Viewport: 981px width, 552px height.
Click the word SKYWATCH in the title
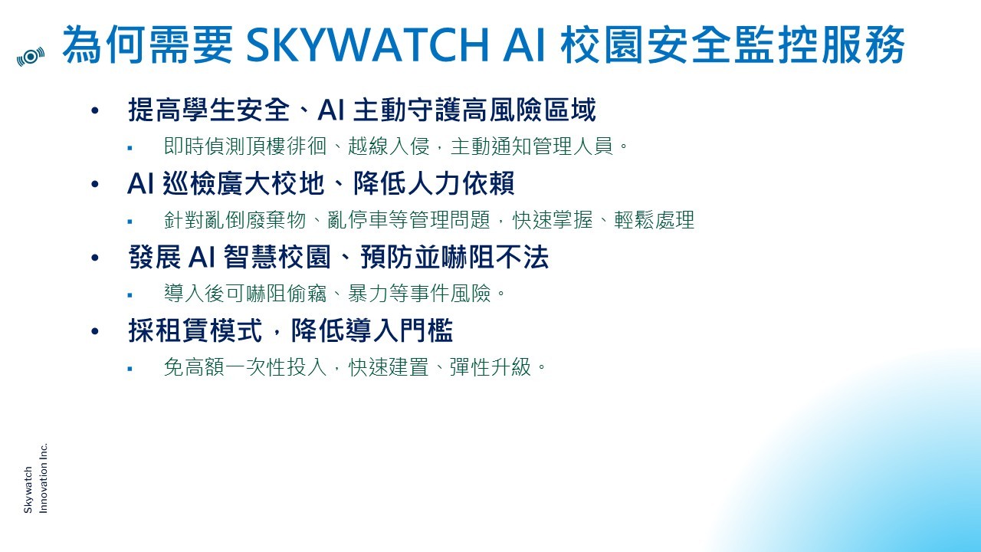click(x=367, y=45)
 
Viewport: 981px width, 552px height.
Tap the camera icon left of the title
click(x=31, y=57)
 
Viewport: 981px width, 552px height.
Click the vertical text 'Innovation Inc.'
click(x=43, y=478)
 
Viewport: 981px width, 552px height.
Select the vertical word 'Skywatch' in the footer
click(x=28, y=490)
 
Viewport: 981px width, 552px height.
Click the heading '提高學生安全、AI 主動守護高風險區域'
click(x=362, y=110)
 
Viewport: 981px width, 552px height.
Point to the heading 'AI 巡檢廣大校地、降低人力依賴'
click(x=321, y=183)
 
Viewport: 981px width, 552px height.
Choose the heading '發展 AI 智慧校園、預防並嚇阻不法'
click(x=338, y=257)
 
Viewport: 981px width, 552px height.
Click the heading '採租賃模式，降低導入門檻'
click(x=290, y=330)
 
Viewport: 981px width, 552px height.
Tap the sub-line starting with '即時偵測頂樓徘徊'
click(x=396, y=146)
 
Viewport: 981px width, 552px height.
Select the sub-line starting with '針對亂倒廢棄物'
click(x=429, y=219)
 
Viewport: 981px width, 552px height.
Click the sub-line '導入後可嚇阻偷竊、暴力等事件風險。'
click(x=335, y=293)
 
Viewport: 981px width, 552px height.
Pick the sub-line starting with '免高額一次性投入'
click(x=355, y=366)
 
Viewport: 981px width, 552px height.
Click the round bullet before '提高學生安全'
click(x=95, y=110)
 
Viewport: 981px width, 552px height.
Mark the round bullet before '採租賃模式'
click(x=95, y=331)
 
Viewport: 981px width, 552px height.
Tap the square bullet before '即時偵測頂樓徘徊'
click(x=130, y=148)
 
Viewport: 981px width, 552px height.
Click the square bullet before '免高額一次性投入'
click(x=130, y=369)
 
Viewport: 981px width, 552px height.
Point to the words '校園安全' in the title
click(x=646, y=45)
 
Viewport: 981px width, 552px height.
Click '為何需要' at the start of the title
click(x=148, y=45)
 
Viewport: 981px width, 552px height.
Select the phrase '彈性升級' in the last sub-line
click(x=490, y=366)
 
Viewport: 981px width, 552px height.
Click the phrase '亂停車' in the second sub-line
click(x=358, y=219)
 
